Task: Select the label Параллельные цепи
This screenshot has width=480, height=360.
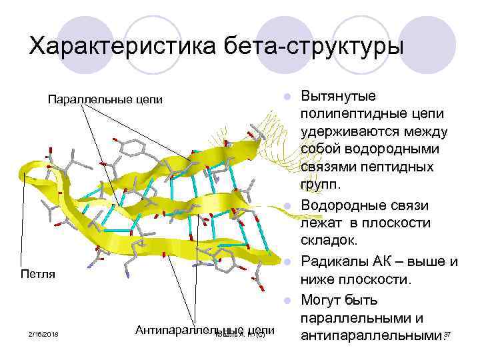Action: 105,100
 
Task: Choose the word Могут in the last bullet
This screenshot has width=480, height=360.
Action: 325,297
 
